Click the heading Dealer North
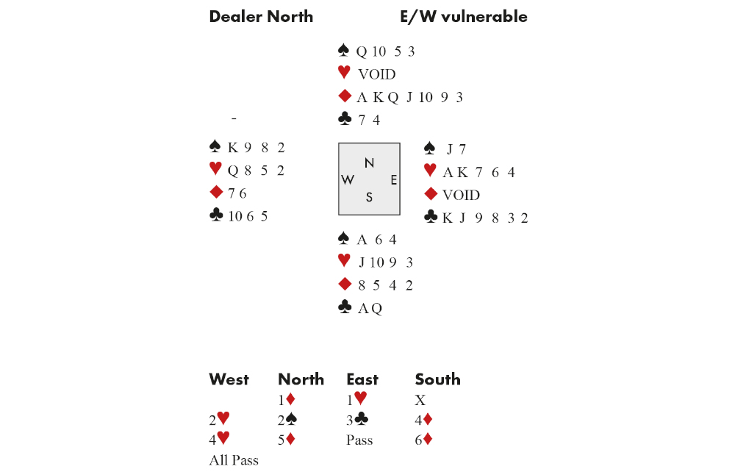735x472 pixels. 261,17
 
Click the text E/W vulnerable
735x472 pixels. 463,17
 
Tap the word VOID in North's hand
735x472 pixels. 376,74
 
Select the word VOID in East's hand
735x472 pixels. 461,195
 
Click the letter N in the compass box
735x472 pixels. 369,163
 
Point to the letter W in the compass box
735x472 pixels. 348,180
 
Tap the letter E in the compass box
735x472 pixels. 393,180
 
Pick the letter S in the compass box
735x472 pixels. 369,197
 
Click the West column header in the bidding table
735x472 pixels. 229,379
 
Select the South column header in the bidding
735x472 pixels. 437,379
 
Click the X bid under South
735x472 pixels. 420,401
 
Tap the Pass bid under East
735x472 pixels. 359,440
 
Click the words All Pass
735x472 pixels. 234,460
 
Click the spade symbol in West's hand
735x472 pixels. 215,147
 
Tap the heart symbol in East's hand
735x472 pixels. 430,171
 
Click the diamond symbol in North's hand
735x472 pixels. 344,96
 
